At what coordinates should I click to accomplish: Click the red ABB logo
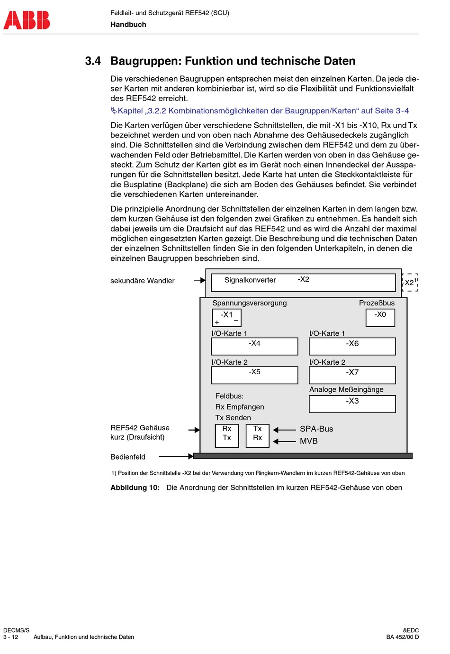pyautogui.click(x=27, y=20)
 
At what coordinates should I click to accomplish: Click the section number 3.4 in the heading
pyautogui.click(x=93, y=61)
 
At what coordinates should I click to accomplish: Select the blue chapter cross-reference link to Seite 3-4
pyautogui.click(x=260, y=111)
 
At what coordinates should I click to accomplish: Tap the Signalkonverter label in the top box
pyautogui.click(x=250, y=280)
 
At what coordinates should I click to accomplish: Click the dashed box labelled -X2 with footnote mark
pyautogui.click(x=409, y=283)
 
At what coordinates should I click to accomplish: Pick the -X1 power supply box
pyautogui.click(x=226, y=318)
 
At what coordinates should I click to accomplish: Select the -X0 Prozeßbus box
pyautogui.click(x=380, y=317)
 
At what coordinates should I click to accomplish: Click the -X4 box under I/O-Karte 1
pyautogui.click(x=254, y=346)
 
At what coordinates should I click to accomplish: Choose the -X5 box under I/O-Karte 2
pyautogui.click(x=254, y=375)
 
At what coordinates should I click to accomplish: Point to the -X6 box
pyautogui.click(x=352, y=346)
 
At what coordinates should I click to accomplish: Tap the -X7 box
pyautogui.click(x=352, y=375)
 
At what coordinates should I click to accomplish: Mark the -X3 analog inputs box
pyautogui.click(x=352, y=404)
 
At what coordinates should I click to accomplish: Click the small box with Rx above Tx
pyautogui.click(x=227, y=435)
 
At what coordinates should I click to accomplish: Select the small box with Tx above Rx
pyautogui.click(x=257, y=435)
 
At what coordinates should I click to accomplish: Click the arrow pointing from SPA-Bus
pyautogui.click(x=285, y=430)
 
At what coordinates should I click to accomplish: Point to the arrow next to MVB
pyautogui.click(x=285, y=442)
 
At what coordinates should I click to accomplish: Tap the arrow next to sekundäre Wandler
pyautogui.click(x=199, y=280)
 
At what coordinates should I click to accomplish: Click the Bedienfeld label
pyautogui.click(x=128, y=457)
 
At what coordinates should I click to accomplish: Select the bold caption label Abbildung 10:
pyautogui.click(x=135, y=488)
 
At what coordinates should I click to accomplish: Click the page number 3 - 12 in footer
pyautogui.click(x=10, y=637)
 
